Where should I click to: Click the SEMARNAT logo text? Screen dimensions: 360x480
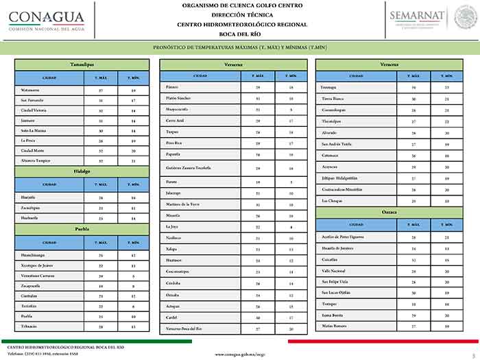click(x=416, y=15)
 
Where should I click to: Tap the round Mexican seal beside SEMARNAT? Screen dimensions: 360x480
click(x=466, y=16)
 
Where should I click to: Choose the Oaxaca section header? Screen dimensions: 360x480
click(x=389, y=212)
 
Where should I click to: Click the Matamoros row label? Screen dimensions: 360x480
click(x=31, y=90)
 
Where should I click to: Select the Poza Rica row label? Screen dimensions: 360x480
click(x=176, y=143)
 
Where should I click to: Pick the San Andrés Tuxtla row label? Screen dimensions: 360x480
click(x=336, y=144)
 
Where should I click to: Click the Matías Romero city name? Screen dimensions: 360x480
click(x=334, y=326)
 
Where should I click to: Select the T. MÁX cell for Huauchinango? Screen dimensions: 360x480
click(x=101, y=255)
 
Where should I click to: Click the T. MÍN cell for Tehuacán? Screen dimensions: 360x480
click(x=134, y=326)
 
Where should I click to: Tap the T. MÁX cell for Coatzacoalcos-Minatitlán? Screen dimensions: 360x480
click(x=413, y=189)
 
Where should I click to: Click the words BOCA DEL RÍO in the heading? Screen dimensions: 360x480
click(x=239, y=33)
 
